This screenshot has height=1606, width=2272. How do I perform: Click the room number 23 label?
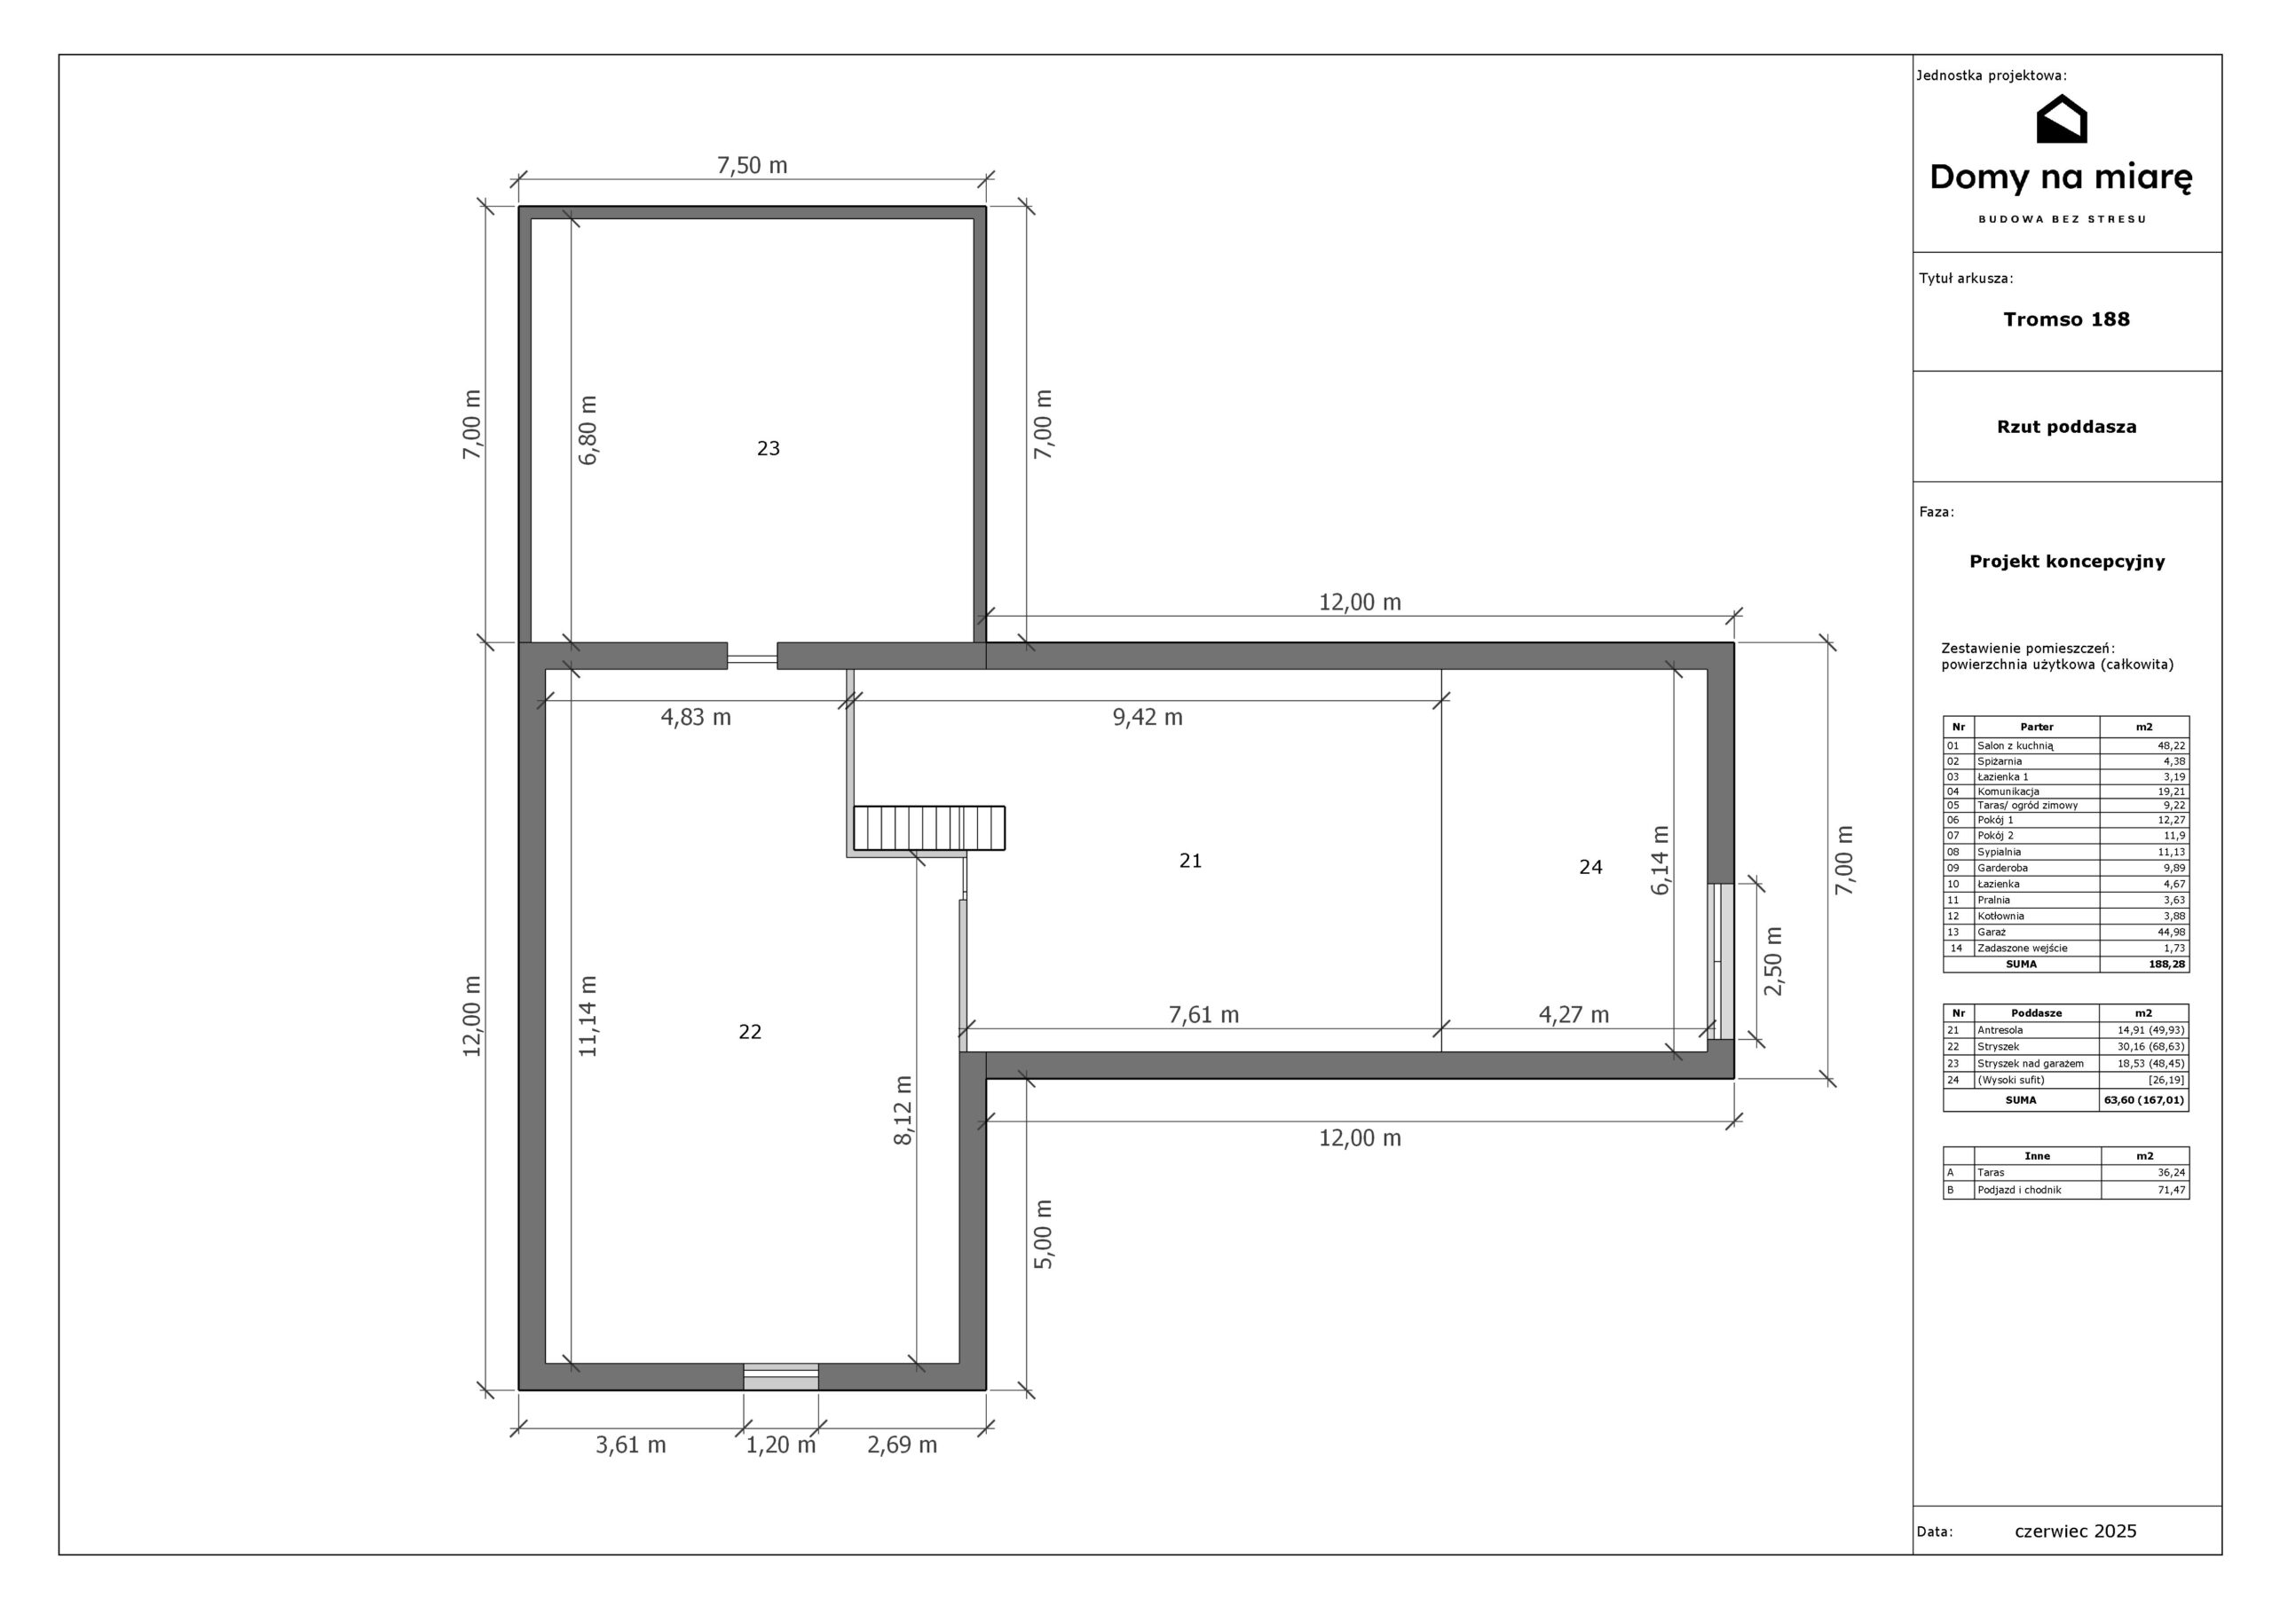click(768, 448)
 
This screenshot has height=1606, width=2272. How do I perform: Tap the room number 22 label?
click(750, 1032)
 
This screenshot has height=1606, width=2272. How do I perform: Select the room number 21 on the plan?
click(1190, 861)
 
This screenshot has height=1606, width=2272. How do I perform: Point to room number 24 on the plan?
click(1590, 867)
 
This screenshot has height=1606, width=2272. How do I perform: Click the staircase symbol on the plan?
click(929, 828)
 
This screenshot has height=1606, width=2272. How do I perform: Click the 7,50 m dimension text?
click(752, 165)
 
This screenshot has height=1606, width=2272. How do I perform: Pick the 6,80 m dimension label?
click(588, 430)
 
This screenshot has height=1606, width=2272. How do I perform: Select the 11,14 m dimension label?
click(588, 1016)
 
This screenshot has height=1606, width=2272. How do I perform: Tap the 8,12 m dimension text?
click(903, 1110)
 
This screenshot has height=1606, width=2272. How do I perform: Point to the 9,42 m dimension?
click(1148, 718)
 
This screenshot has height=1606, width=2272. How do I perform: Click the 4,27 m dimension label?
click(1574, 1014)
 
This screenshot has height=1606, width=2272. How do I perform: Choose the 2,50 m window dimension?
click(1773, 961)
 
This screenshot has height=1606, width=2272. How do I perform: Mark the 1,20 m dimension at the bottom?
click(781, 1445)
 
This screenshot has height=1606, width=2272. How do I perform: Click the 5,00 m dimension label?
click(1044, 1234)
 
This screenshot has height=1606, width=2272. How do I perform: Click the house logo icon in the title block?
click(2062, 119)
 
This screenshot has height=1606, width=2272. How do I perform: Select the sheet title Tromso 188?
click(2066, 319)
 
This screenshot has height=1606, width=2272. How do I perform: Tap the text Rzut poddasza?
click(2066, 427)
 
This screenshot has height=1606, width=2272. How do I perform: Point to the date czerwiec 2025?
click(2076, 1531)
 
